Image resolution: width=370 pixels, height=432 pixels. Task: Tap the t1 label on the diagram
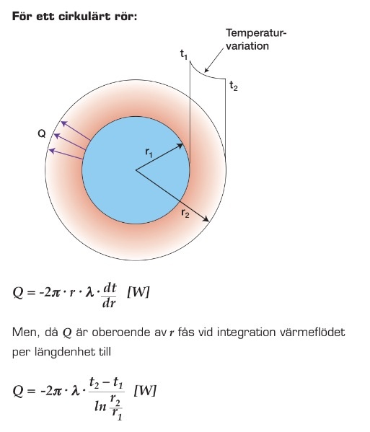coord(184,54)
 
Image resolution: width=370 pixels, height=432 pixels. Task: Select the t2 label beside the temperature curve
coord(234,86)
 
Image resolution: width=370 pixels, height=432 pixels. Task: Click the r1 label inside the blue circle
coord(149,152)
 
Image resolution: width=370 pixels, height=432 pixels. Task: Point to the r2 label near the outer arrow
coord(185,213)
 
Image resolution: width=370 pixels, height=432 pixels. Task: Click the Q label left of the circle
coord(42,133)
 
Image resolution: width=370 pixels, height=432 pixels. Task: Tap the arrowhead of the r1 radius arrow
coord(180,146)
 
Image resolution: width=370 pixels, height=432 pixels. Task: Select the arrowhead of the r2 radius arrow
coord(206,219)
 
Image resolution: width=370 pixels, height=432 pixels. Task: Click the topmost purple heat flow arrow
coord(76,131)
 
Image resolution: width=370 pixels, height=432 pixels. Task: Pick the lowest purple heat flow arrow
coord(66,154)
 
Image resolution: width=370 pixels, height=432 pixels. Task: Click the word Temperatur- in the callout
coord(256,33)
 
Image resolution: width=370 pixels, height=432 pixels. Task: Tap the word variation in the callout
coord(247,45)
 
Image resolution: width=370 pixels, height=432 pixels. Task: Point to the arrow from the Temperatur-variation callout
coord(213,61)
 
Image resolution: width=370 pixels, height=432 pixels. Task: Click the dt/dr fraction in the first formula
coord(110,296)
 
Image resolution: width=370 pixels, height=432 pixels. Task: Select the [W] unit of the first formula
coord(138,292)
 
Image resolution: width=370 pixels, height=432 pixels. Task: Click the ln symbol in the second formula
coord(100,406)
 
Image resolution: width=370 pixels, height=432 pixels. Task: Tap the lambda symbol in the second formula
coord(75,391)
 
